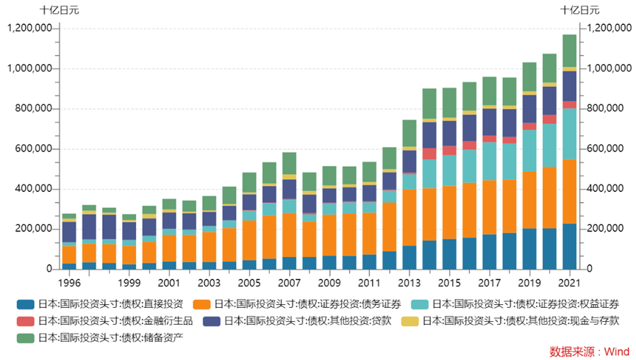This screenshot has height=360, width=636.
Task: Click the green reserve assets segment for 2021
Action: [570, 51]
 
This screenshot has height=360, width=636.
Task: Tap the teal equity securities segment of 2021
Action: [570, 134]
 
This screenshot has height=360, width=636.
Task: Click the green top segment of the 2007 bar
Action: [290, 163]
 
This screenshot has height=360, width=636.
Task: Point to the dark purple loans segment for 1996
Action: [69, 231]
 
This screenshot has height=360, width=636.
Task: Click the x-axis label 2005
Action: [249, 283]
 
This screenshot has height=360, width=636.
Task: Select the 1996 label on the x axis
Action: [69, 283]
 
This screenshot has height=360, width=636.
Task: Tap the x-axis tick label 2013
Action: [410, 283]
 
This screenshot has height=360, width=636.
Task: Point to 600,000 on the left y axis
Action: [29, 148]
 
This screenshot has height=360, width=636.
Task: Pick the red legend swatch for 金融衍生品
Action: [25, 320]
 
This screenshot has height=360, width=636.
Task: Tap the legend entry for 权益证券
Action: [525, 303]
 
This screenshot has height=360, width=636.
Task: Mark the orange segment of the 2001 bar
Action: [169, 248]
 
